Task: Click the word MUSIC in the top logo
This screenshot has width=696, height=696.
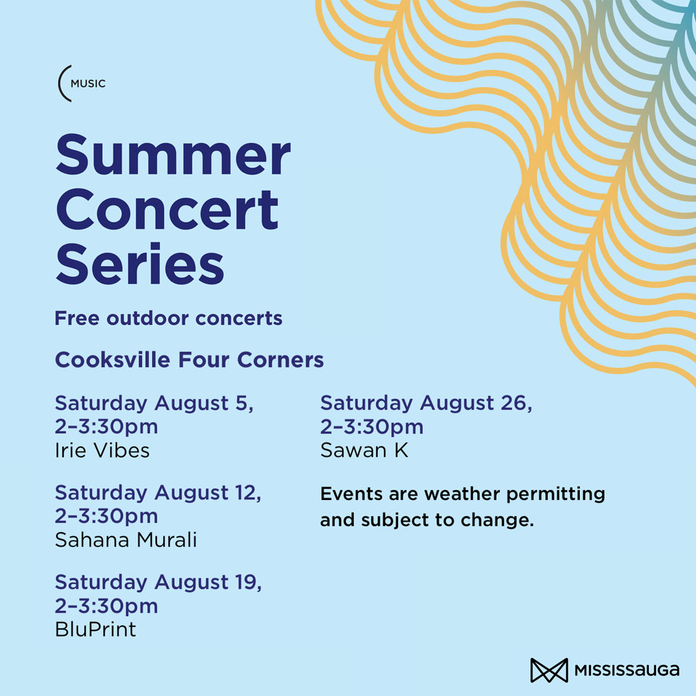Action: pos(88,84)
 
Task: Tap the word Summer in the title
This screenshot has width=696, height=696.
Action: pos(173,155)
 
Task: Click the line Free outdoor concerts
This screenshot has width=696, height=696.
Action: pos(168,318)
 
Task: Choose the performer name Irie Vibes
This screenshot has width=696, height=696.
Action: pos(102,450)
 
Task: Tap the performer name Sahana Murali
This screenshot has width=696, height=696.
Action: pos(126,540)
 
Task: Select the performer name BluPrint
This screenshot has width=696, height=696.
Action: pos(95,629)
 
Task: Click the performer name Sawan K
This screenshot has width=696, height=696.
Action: pos(364,450)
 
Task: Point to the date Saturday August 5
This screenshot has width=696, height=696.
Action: pos(153,403)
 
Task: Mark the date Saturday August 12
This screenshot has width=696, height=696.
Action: pos(158,493)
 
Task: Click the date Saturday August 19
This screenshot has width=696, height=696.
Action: pos(158,582)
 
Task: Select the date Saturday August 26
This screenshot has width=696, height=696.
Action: pos(426,403)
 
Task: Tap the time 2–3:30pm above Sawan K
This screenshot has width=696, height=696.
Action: pos(372,427)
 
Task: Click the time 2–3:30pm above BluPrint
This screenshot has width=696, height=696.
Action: pos(106,606)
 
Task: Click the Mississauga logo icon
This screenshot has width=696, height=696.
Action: pos(548,670)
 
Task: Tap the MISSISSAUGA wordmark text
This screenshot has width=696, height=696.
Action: pos(626,670)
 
